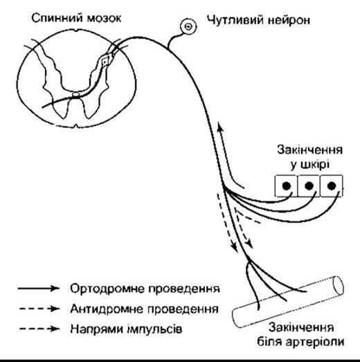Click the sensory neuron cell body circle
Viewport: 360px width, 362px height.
[188, 27]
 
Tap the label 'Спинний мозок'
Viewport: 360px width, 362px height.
[76, 19]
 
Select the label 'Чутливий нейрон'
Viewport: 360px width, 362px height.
[258, 20]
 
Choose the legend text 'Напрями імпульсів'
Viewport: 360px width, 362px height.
[126, 329]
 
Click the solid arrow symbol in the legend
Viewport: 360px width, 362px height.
[39, 289]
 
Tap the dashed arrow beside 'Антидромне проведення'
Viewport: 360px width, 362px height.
[39, 309]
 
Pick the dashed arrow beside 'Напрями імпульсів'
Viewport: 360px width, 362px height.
[39, 329]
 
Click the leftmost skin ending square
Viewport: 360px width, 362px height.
[286, 186]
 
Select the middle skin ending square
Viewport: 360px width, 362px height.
[309, 186]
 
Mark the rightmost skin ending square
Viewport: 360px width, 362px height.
[332, 186]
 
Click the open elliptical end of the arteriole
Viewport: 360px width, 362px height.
[338, 286]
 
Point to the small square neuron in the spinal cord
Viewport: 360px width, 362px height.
[105, 62]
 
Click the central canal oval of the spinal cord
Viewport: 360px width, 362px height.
[76, 94]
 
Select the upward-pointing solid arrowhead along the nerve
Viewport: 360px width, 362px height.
[221, 127]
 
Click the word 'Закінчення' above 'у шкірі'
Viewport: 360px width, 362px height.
[309, 150]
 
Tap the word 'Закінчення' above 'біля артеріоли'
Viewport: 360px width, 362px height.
[301, 327]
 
